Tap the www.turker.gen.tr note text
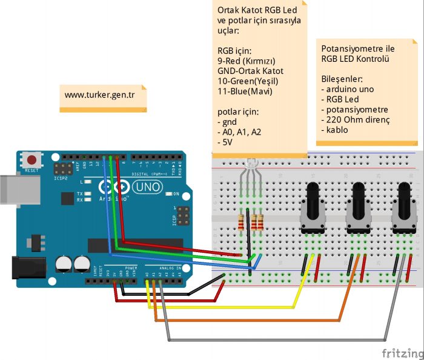click(x=99, y=95)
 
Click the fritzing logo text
click(x=402, y=352)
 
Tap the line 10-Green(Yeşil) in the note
click(x=248, y=81)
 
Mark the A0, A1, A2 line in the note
click(x=239, y=132)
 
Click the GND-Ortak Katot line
click(x=250, y=71)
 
